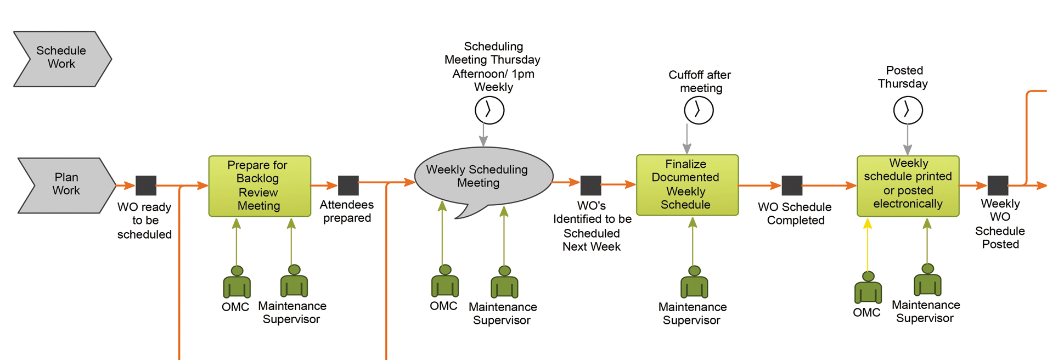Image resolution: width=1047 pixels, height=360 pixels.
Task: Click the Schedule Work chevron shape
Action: tap(61, 58)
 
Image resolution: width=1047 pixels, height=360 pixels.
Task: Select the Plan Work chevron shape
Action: tap(66, 185)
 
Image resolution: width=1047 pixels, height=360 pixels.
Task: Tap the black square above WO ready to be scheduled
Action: tap(146, 185)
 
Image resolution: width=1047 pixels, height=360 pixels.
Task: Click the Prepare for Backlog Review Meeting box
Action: tap(260, 186)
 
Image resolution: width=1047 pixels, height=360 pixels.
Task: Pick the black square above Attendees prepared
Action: tap(348, 185)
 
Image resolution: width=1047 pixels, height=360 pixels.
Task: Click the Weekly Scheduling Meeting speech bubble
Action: tap(483, 177)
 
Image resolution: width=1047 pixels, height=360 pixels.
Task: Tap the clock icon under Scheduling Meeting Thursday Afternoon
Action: tap(489, 110)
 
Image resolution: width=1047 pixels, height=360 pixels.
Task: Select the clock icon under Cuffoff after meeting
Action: tap(699, 110)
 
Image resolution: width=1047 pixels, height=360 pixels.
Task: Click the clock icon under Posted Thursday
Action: tap(908, 110)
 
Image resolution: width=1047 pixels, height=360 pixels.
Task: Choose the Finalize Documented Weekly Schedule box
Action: tap(687, 185)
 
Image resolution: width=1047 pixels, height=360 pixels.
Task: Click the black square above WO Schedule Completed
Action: tap(791, 185)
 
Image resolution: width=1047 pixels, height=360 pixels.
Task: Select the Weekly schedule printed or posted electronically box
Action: tap(908, 185)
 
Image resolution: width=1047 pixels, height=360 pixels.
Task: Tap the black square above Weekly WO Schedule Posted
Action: tap(998, 185)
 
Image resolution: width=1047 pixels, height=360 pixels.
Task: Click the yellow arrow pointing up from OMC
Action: tap(868, 245)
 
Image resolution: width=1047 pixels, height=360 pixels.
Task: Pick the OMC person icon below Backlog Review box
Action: tap(237, 283)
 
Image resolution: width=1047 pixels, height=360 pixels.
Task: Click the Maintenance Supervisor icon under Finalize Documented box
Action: tap(694, 283)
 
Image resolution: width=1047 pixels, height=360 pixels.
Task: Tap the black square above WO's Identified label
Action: tap(590, 185)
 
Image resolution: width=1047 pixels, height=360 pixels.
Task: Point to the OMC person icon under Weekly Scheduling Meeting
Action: tap(444, 282)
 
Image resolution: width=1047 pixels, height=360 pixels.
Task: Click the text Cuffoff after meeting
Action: tap(700, 81)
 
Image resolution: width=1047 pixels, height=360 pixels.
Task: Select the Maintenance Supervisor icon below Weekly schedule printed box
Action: tap(927, 280)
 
